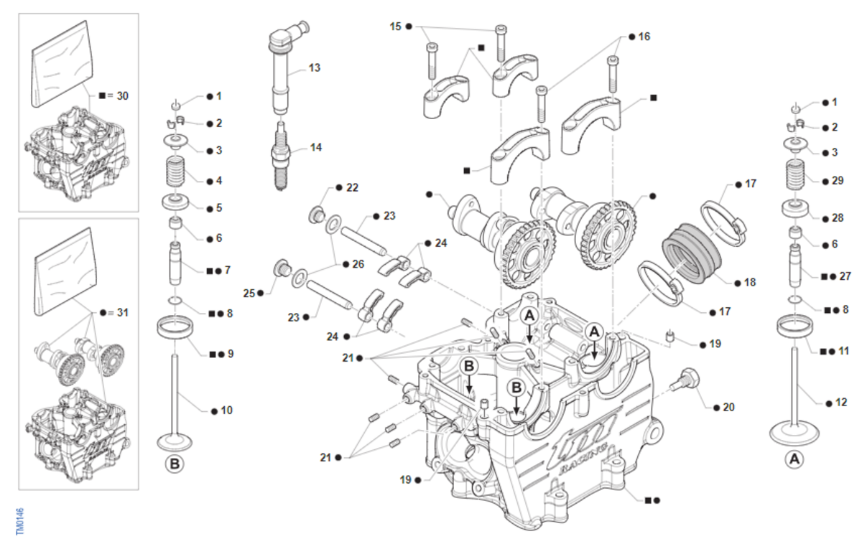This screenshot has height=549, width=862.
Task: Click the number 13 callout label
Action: pos(315,68)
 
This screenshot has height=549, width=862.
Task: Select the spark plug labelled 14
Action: pos(281,154)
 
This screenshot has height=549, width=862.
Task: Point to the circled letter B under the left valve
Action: pos(175,464)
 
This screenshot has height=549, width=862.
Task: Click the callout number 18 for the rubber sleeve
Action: pos(750,283)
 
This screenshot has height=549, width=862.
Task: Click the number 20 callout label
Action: pos(729,407)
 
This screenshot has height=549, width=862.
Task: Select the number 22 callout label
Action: pos(352,187)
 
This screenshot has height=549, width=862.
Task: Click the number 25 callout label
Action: pos(249,293)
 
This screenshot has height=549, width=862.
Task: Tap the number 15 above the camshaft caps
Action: pos(396,27)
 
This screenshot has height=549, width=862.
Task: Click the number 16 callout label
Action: pos(644,36)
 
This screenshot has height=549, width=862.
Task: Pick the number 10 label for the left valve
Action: pos(226,410)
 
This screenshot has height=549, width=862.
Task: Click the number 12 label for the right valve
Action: pos(842,403)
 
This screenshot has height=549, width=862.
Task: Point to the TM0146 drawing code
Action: pos(20,521)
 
